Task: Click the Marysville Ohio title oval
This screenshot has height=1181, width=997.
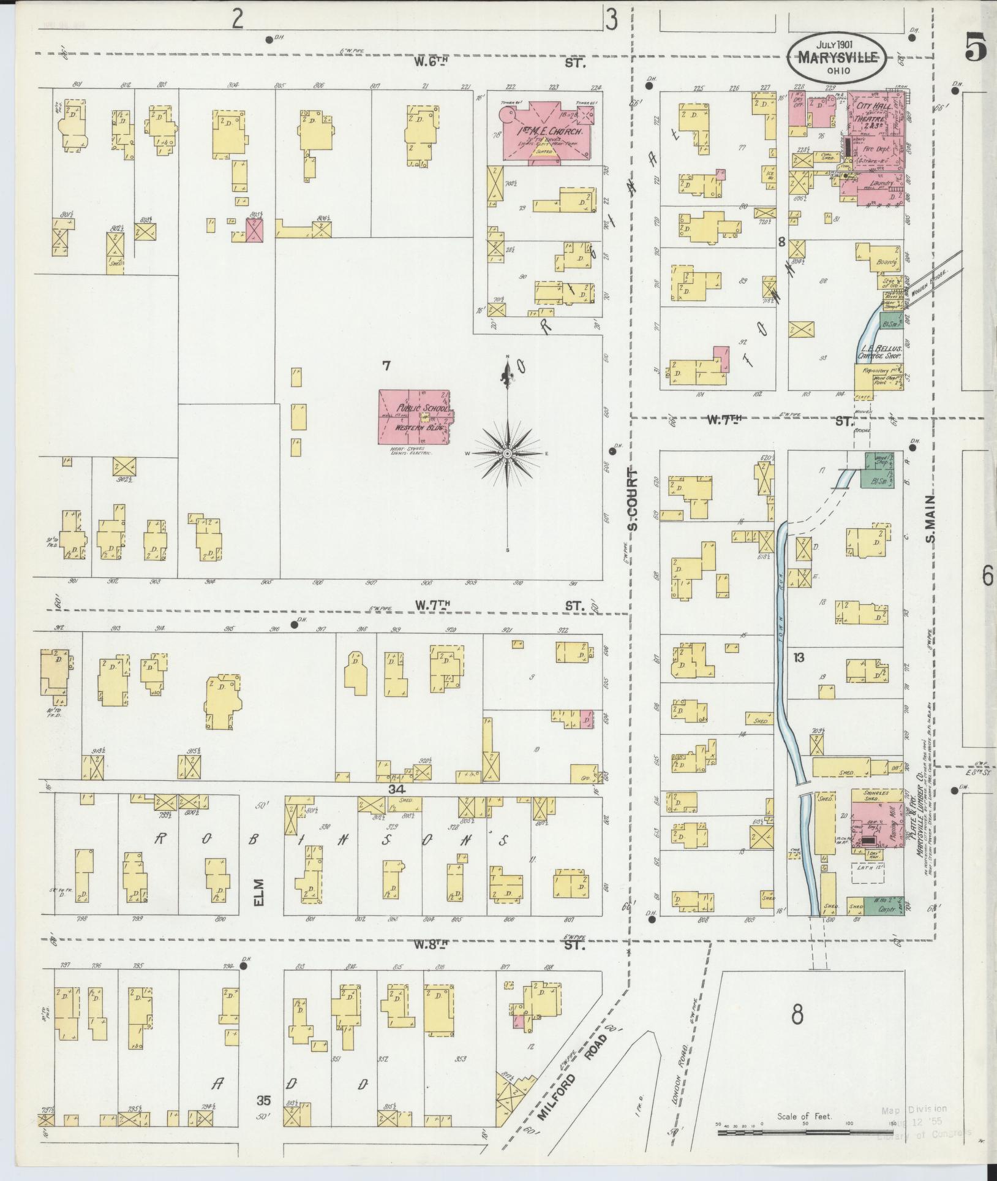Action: [x=837, y=56]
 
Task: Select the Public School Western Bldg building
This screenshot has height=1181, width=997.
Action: [x=414, y=416]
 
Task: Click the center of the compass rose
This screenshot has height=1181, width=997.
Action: [x=508, y=453]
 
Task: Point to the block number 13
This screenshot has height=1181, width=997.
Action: [x=798, y=658]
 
